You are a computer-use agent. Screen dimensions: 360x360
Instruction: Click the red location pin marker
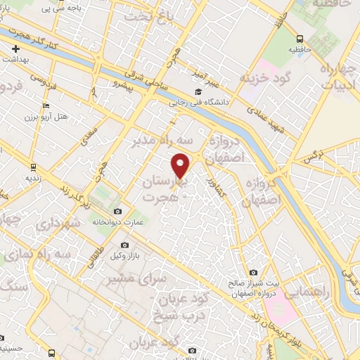[x=181, y=167]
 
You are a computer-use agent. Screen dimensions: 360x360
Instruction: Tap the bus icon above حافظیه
[x=300, y=39]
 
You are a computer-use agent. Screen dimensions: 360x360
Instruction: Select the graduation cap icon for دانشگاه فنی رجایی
[x=198, y=92]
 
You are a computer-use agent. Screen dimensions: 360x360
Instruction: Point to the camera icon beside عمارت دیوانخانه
[x=117, y=212]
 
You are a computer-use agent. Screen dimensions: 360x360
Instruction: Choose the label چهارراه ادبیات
[x=340, y=77]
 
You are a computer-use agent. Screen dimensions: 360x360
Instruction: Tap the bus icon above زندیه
[x=33, y=167]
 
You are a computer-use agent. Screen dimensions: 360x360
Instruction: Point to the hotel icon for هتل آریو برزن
[x=46, y=106]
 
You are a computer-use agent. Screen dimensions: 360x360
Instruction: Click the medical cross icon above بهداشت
[x=15, y=49]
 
